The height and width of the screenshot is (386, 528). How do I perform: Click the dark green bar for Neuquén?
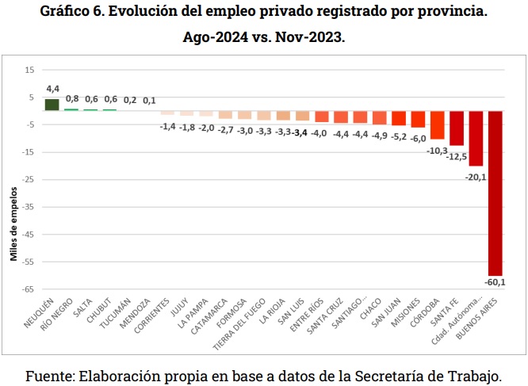coord(52,104)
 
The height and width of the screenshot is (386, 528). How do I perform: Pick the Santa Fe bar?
coord(457,128)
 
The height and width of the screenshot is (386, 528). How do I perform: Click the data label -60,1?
coord(495,281)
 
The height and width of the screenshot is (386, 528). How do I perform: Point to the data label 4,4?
coord(52,89)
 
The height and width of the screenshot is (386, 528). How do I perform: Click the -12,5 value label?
coord(457,156)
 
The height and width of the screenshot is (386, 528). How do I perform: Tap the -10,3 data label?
coord(437,150)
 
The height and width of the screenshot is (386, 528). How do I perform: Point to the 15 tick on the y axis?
coord(29,70)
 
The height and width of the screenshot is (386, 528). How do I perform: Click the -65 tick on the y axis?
coord(28,289)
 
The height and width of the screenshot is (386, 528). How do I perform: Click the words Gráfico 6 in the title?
coord(78,13)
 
